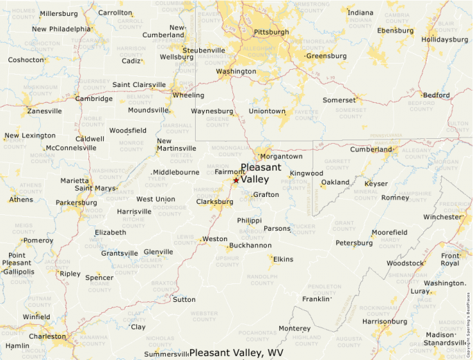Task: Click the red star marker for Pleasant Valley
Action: pyautogui.click(x=236, y=180)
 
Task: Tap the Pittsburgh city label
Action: pyautogui.click(x=271, y=32)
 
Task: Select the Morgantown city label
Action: pyautogui.click(x=281, y=156)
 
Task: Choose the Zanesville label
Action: pyautogui.click(x=44, y=111)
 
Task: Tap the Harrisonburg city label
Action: pyautogui.click(x=384, y=321)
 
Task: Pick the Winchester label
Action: pyautogui.click(x=442, y=216)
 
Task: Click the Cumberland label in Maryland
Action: pyautogui.click(x=371, y=149)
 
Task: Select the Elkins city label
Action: pyautogui.click(x=284, y=259)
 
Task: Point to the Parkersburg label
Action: pyautogui.click(x=76, y=202)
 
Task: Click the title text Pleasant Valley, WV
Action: pyautogui.click(x=236, y=352)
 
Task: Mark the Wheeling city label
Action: pyautogui.click(x=188, y=95)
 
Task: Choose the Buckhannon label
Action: pyautogui.click(x=250, y=245)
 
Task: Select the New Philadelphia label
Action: pyautogui.click(x=61, y=29)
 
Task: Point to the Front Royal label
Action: pyautogui.click(x=449, y=259)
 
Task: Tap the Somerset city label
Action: pyautogui.click(x=339, y=100)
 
